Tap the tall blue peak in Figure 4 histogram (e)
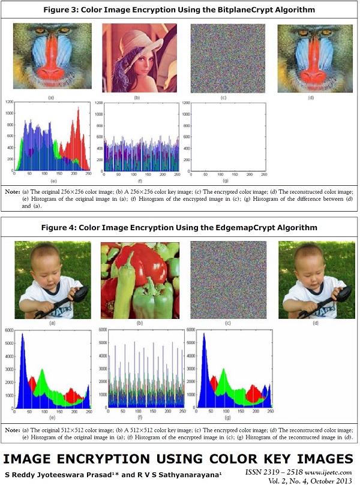[22, 342]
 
